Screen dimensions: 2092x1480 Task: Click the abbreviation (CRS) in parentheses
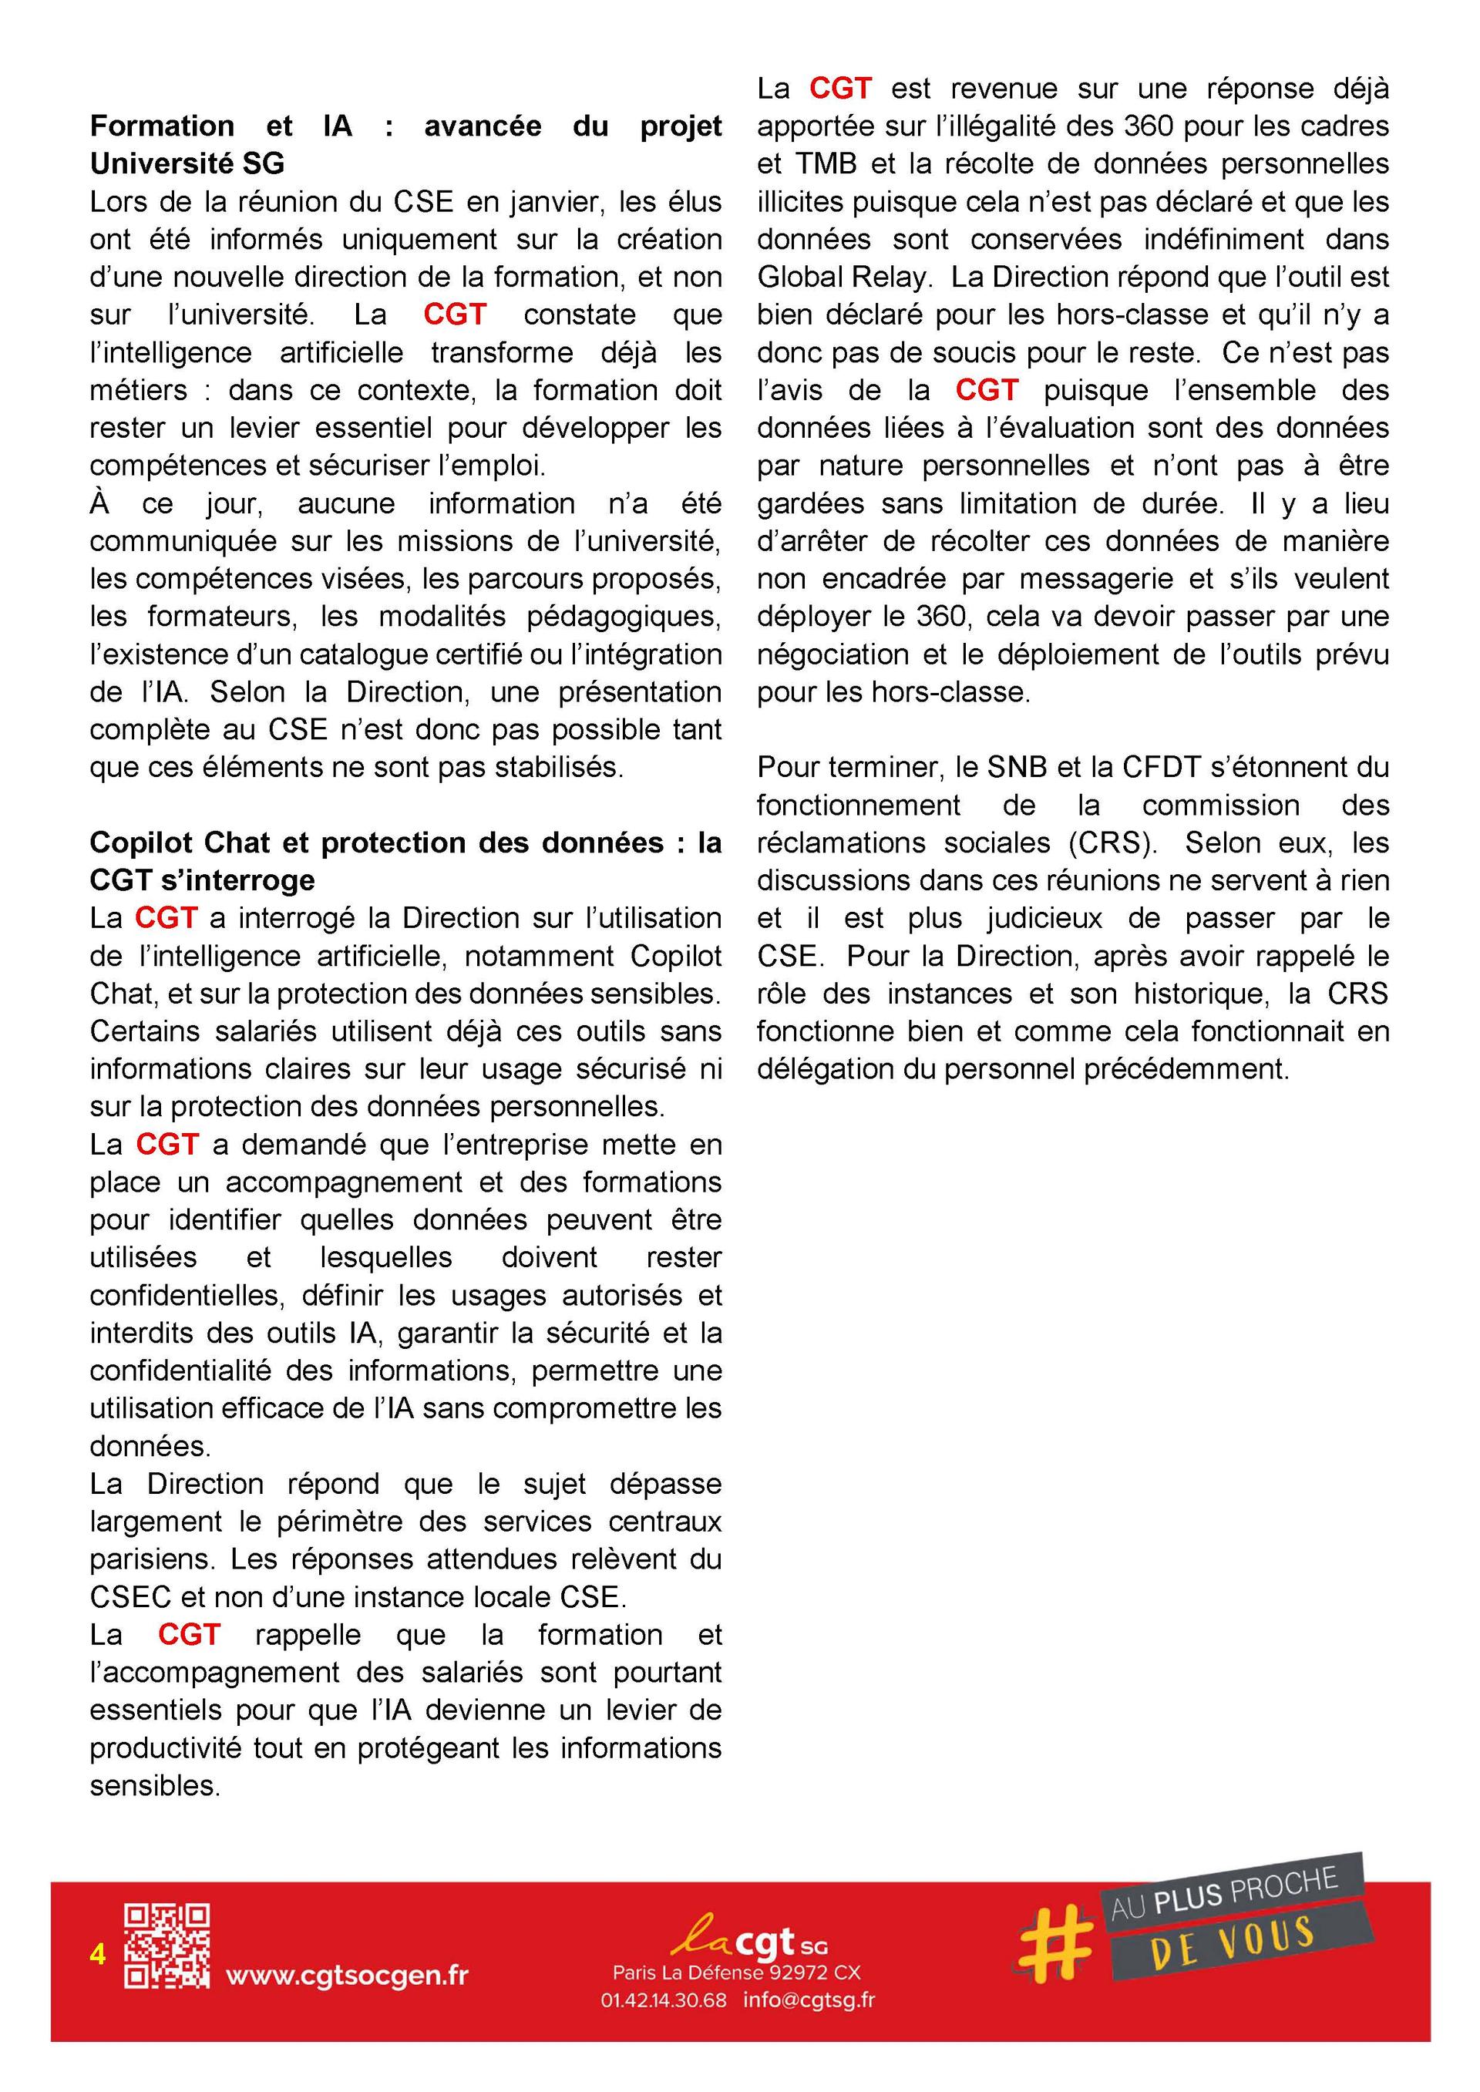(x=1112, y=843)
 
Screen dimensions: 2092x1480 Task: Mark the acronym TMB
(x=826, y=164)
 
